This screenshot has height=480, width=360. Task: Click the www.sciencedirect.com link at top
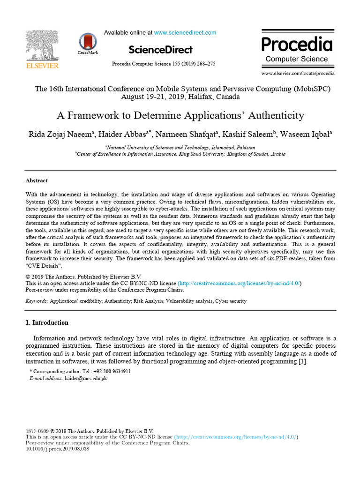pos(185,33)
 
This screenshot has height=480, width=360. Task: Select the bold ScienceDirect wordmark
pos(160,50)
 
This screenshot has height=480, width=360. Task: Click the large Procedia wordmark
pos(297,45)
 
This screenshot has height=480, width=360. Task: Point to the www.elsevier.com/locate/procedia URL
pos(298,74)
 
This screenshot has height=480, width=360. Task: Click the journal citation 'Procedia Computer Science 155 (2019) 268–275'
pos(164,64)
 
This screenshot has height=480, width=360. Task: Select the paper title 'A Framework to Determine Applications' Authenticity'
pos(180,115)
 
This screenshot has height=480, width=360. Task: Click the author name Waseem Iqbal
pos(305,134)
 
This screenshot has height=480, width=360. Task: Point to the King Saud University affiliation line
pos(180,154)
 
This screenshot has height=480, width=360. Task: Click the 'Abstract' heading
pos(37,180)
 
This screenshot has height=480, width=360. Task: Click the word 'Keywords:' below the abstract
pos(37,301)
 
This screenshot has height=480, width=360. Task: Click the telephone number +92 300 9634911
pos(112,371)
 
